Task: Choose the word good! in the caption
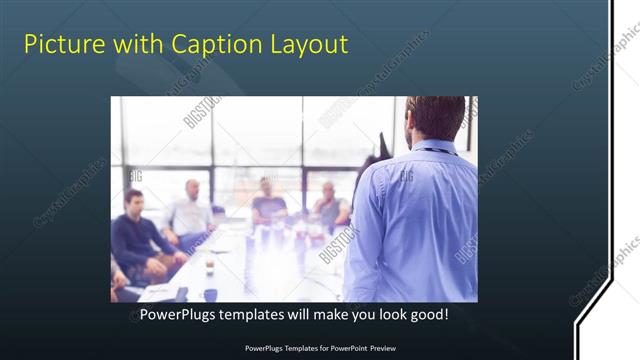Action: [x=427, y=315]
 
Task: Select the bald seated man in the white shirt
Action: [x=191, y=212]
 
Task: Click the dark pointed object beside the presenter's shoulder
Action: [x=383, y=144]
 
